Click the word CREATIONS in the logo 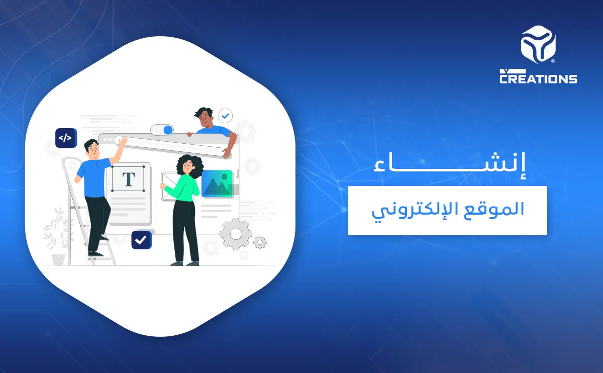tap(538, 78)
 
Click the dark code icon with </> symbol tap(65, 138)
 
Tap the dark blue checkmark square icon tap(141, 240)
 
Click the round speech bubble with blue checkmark tap(226, 116)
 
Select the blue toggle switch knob tap(168, 130)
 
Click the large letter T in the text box tap(129, 179)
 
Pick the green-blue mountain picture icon tap(217, 183)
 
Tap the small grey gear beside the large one tap(260, 243)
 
